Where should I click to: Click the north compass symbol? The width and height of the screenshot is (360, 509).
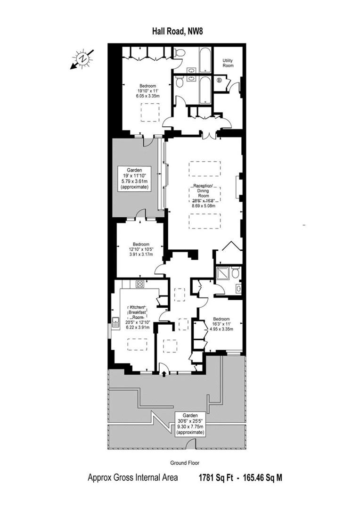pos(82,59)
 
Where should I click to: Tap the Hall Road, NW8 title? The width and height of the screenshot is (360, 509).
pos(178,32)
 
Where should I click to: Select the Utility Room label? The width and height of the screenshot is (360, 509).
pos(228,63)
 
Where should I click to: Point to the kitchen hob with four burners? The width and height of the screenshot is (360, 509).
pos(140,284)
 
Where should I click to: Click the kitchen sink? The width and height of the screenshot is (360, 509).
pos(115,322)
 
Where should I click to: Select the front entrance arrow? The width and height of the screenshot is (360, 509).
pos(164,374)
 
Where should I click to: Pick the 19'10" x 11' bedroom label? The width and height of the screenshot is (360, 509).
pos(147,91)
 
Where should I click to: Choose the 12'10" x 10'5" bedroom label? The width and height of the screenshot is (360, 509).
pos(141,249)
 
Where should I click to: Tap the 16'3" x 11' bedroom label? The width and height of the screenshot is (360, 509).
pos(221,324)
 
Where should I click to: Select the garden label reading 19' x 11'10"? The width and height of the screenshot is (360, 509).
pos(134,179)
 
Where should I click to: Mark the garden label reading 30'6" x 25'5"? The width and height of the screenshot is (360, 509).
pos(190,424)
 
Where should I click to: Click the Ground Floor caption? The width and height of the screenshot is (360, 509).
pos(185,463)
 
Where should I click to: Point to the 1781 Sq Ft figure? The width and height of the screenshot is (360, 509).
pos(216,478)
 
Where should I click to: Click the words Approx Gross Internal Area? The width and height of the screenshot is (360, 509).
pos(133,478)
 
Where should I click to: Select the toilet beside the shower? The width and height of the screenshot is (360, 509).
pos(236,272)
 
